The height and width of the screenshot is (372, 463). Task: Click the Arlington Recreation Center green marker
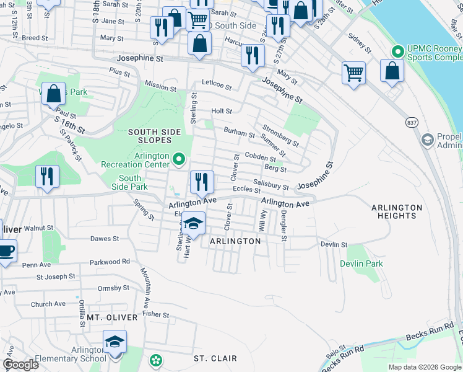point(180,160)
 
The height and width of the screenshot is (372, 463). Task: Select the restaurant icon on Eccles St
point(202,182)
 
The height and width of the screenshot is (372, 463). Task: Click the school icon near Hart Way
point(194,225)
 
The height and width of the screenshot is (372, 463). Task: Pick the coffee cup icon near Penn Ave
point(6,251)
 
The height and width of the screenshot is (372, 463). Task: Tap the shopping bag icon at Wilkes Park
point(54,95)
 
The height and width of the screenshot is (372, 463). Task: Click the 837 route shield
point(412,122)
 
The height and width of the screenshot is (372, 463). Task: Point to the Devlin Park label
point(361,263)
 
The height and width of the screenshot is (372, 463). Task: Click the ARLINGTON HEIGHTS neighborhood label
point(397,211)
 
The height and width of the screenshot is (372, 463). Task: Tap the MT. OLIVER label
point(103,317)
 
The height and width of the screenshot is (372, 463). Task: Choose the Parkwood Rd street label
point(110,262)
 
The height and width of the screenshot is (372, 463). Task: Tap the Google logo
point(20,365)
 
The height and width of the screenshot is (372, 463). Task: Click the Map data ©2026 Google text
point(425,367)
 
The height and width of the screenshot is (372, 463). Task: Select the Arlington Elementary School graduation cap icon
point(115,342)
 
